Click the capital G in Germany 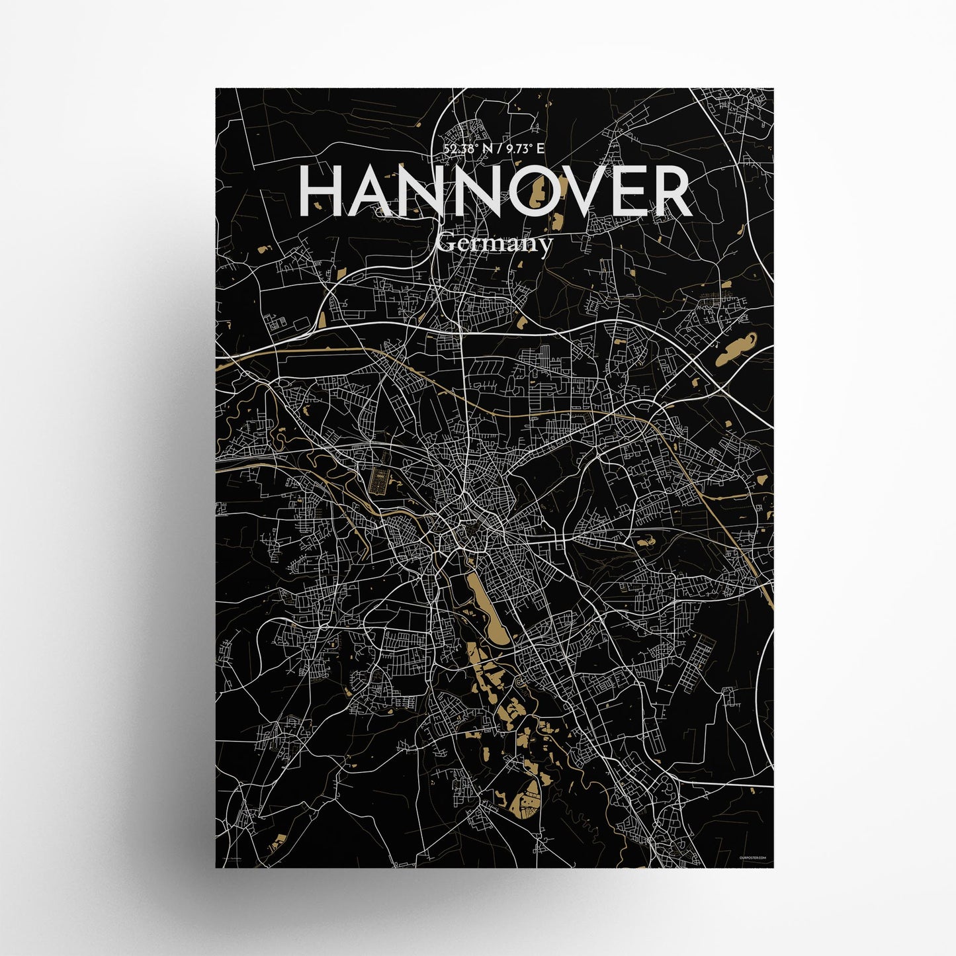pyautogui.click(x=446, y=243)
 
